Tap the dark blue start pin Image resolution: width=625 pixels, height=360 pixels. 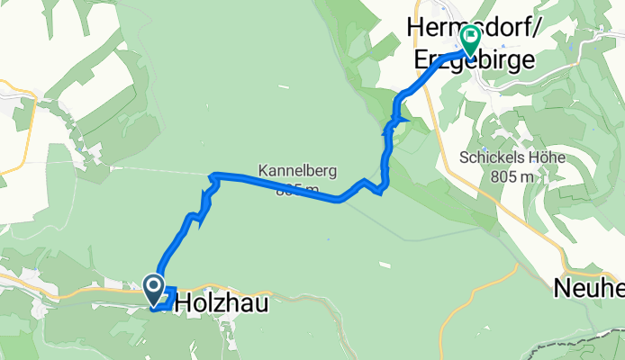coord(153,290)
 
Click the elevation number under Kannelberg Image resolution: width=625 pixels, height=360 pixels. coord(297,189)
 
